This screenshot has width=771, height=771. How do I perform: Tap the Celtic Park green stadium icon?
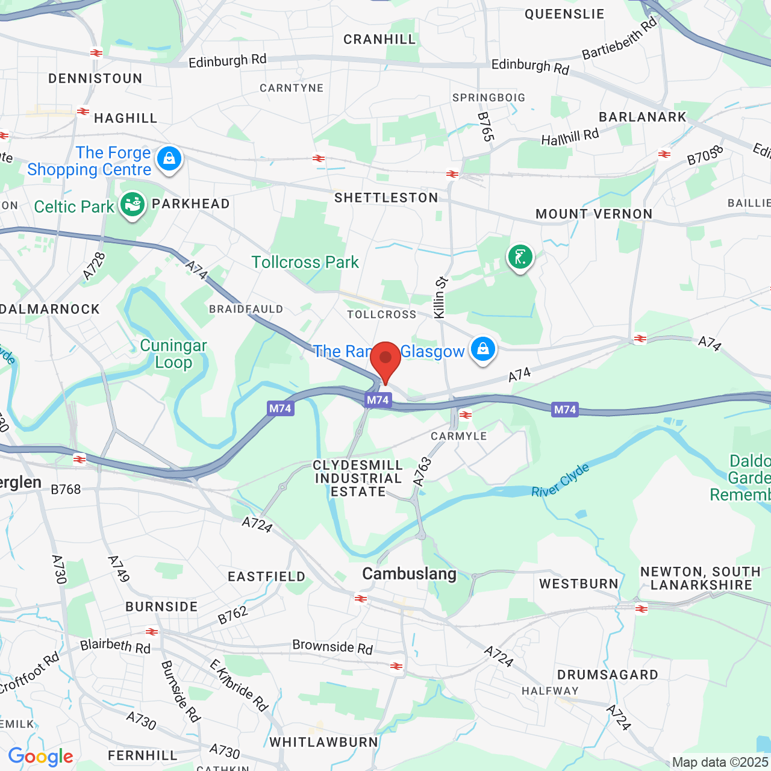click(132, 205)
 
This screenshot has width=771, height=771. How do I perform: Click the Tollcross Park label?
click(305, 263)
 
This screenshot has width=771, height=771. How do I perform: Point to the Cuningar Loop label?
click(173, 354)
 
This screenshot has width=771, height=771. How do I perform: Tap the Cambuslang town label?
click(409, 574)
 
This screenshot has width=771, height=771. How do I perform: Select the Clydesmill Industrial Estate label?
click(358, 479)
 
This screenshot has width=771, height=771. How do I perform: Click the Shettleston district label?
click(386, 198)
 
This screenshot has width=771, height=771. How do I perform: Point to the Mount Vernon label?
click(594, 214)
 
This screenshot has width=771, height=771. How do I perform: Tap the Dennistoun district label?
click(95, 79)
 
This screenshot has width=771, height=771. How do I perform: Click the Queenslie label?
click(564, 14)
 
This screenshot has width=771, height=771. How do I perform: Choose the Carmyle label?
click(459, 436)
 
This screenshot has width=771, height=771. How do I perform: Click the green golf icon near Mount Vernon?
click(520, 258)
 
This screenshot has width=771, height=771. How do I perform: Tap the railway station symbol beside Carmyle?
click(466, 414)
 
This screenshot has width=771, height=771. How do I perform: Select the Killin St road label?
click(440, 298)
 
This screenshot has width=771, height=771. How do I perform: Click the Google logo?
click(41, 757)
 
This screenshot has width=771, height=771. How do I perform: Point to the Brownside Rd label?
click(332, 647)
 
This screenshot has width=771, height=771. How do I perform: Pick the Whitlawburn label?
click(323, 743)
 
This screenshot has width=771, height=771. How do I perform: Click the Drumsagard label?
click(607, 675)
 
